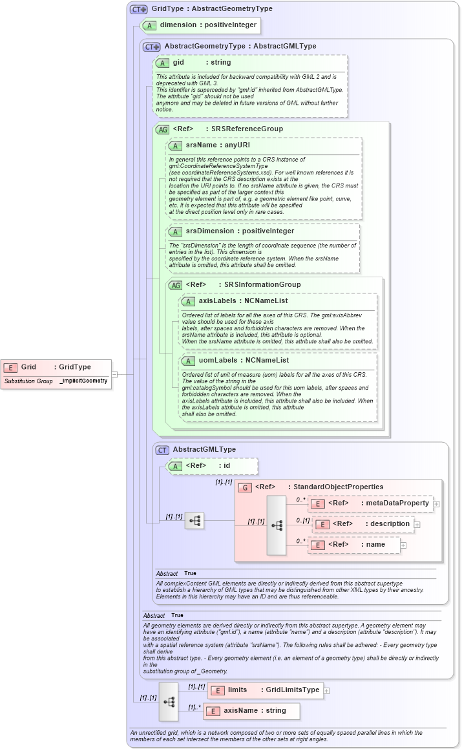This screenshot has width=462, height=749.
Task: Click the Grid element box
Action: click(56, 367)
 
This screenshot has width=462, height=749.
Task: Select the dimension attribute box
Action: click(201, 25)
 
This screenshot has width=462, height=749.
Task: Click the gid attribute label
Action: click(178, 63)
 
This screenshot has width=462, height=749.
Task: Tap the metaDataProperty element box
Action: click(370, 503)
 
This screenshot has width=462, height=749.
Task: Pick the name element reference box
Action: click(354, 545)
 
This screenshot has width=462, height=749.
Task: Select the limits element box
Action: click(265, 690)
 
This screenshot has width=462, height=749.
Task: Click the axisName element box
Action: click(251, 710)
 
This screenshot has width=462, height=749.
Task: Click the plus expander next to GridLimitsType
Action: click(327, 690)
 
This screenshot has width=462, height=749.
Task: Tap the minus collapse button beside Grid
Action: click(114, 374)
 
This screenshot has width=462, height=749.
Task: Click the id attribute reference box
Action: click(212, 465)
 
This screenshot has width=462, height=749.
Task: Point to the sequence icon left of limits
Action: click(169, 701)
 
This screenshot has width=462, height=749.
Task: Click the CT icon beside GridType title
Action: click(138, 9)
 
